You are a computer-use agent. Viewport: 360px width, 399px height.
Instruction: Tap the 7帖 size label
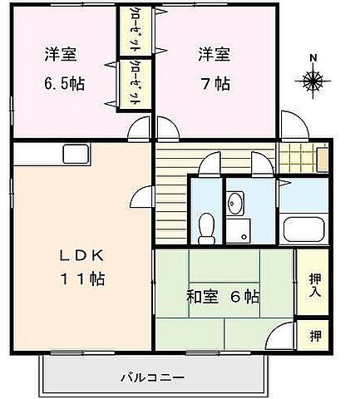[214, 85]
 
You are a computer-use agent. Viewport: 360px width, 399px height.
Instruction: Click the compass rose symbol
[313, 81]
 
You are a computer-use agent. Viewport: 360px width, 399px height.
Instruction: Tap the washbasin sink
[236, 202]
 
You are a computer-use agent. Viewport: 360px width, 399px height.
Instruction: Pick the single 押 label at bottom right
[315, 336]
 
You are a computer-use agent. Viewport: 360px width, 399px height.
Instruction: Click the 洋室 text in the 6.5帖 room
[61, 56]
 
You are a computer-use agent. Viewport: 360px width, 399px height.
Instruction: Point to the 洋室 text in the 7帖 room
[214, 56]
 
